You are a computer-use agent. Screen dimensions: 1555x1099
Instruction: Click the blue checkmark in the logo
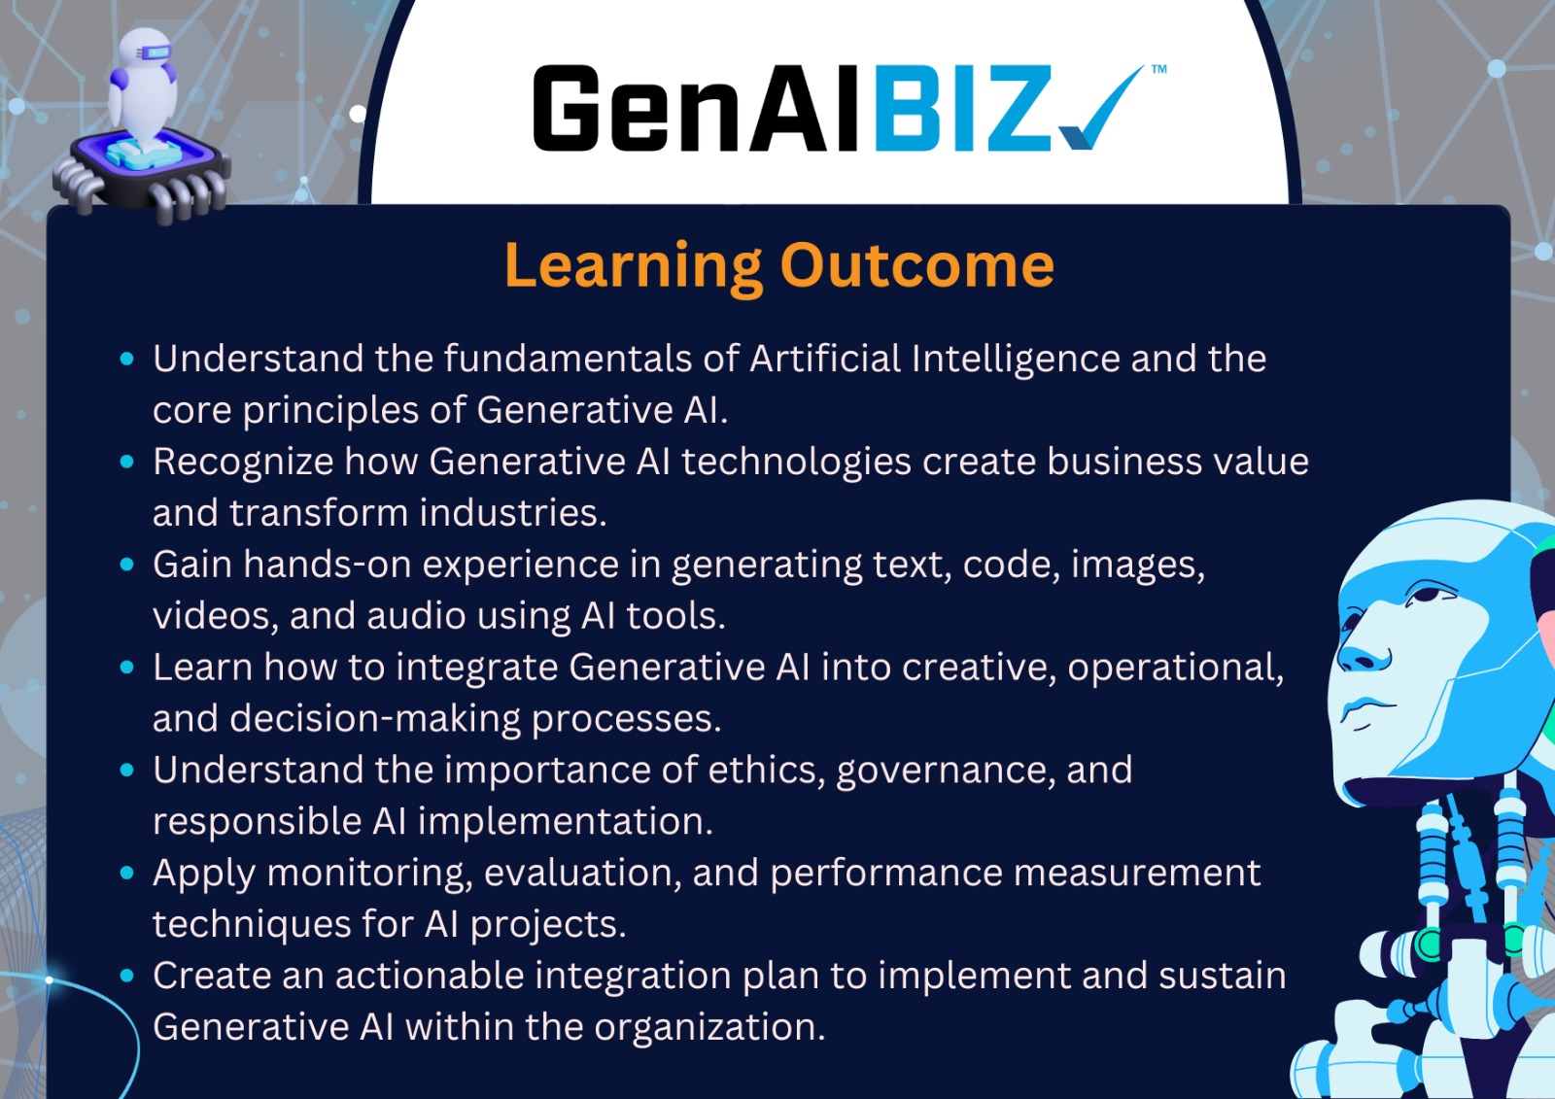click(x=1100, y=111)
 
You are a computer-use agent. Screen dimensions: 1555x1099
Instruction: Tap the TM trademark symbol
click(x=1158, y=69)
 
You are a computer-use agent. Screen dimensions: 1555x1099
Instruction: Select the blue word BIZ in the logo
click(x=963, y=108)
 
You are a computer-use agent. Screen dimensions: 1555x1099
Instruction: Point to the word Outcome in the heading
click(x=917, y=265)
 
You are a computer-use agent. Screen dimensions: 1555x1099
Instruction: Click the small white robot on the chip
click(x=144, y=86)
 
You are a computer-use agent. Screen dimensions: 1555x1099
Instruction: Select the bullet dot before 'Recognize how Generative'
click(x=127, y=462)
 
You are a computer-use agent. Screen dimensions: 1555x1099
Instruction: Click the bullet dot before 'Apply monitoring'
click(x=127, y=873)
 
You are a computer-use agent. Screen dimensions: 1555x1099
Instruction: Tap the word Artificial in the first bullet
click(x=825, y=359)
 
